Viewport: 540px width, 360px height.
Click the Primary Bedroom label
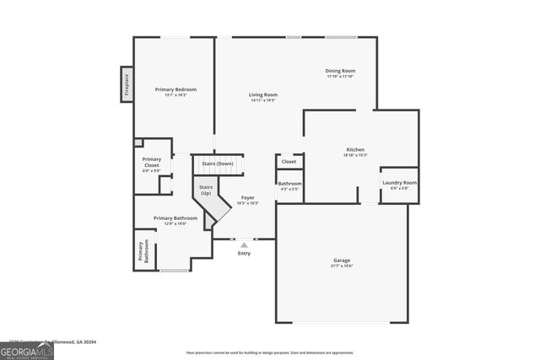coord(175,89)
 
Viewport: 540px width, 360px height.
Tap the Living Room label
coord(262,95)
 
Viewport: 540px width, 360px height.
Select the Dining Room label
coord(341,71)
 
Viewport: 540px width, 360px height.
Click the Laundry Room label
coord(399,182)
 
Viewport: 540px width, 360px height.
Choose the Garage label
coord(341,261)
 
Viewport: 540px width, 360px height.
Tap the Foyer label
coord(247,197)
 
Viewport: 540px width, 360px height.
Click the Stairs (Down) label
coord(217,164)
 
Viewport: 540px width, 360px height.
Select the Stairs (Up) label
coord(206,190)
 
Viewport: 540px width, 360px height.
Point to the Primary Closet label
coord(151,162)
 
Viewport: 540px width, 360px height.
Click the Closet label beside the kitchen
coord(289,161)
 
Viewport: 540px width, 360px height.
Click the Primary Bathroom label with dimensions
coord(175,218)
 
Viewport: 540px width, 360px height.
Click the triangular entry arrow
coord(244,244)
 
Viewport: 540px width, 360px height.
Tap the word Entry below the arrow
coord(244,253)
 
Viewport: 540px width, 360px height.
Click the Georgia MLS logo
coord(27,350)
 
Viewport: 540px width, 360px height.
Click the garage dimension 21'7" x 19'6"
coord(341,266)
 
